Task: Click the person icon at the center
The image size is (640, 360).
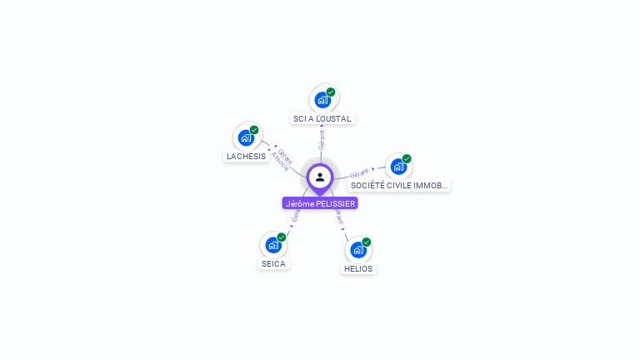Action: [x=320, y=177]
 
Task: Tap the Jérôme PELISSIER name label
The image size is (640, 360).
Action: [x=320, y=203]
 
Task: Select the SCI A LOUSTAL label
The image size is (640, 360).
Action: [x=322, y=119]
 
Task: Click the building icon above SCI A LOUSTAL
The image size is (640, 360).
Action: [x=322, y=100]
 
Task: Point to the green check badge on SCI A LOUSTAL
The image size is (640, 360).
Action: [x=331, y=92]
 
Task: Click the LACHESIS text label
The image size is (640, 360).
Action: [x=246, y=157]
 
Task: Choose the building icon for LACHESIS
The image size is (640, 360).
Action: [x=246, y=137]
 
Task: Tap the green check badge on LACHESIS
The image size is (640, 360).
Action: [x=254, y=130]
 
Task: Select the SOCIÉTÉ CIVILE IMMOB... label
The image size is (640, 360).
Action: [x=399, y=186]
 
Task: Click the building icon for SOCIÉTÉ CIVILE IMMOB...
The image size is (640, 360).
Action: [x=398, y=167]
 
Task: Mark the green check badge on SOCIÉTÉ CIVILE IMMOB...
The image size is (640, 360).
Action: [x=407, y=158]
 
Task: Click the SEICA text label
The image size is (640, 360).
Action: [x=273, y=264]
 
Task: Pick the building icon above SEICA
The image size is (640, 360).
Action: [x=272, y=245]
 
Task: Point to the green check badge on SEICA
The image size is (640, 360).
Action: [x=282, y=237]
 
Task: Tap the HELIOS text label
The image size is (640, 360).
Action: [x=358, y=269]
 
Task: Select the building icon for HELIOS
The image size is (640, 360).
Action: [x=357, y=250]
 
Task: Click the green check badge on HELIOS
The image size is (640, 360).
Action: [x=367, y=242]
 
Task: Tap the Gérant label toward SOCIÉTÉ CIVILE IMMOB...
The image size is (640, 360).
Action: [x=359, y=172]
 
